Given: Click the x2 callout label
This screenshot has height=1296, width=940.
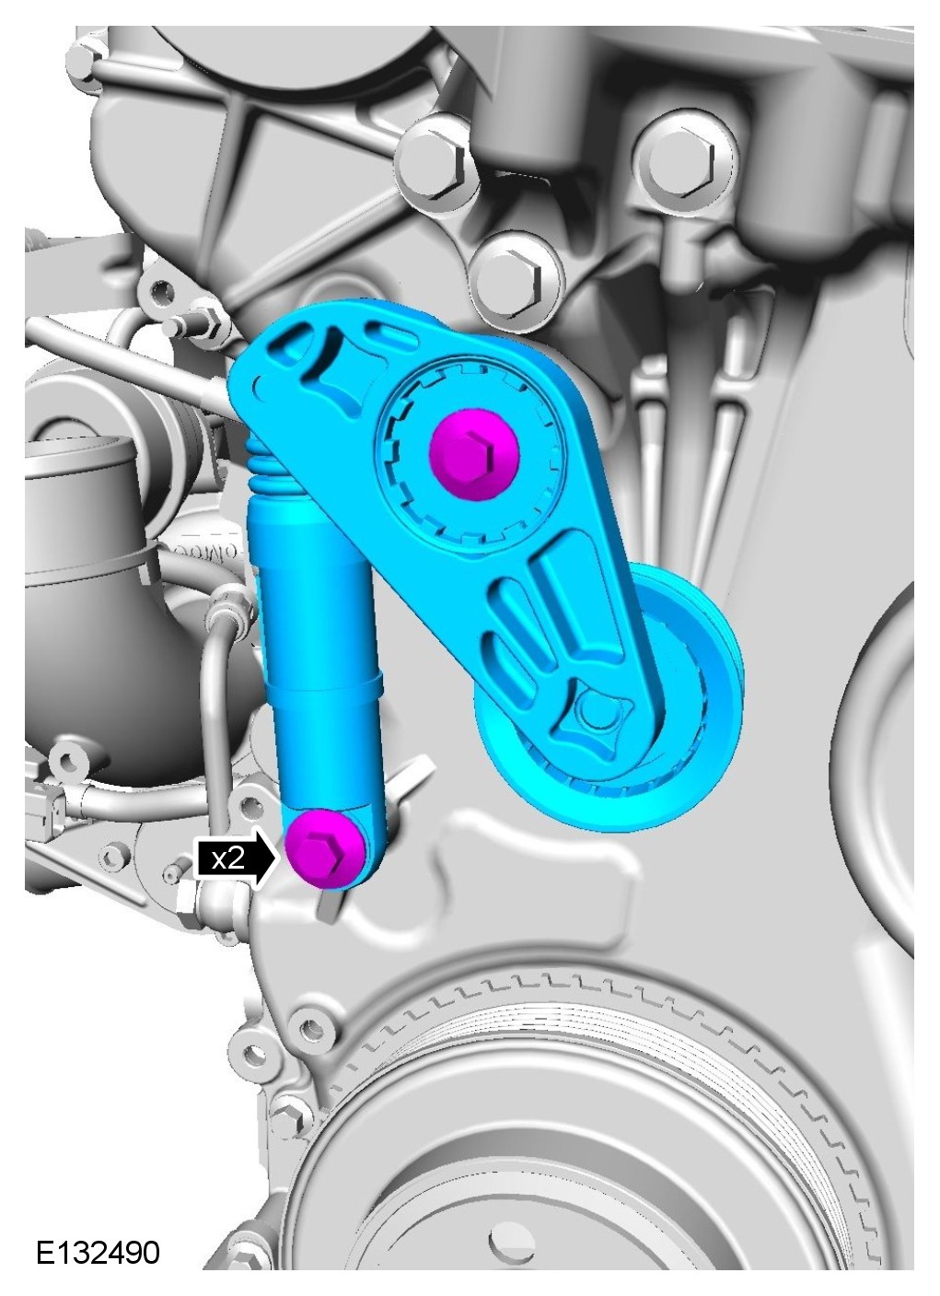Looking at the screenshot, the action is coord(227,858).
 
